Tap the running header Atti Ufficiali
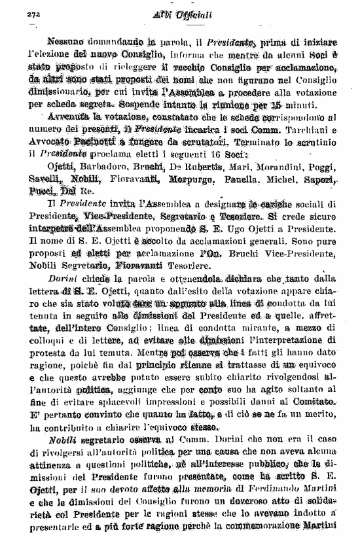181,14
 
